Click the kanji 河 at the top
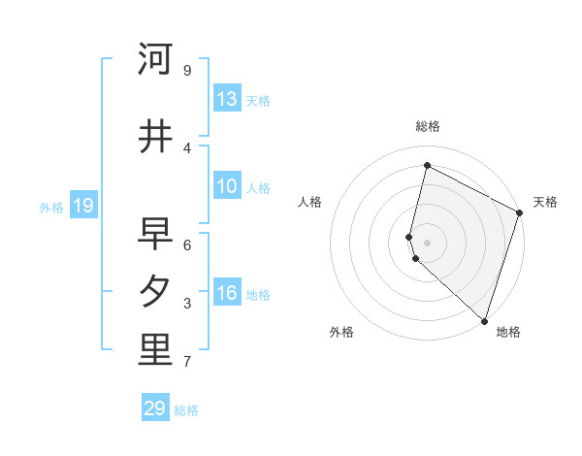tap(155, 60)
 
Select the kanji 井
tap(155, 137)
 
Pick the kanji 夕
tap(155, 291)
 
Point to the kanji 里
tap(155, 351)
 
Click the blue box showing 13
tap(227, 99)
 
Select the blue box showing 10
tap(227, 186)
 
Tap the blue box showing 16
tap(227, 293)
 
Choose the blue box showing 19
tap(82, 205)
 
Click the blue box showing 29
tap(155, 408)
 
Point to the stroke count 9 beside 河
tap(187, 71)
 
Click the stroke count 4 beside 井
tap(187, 147)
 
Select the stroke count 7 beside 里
tap(187, 362)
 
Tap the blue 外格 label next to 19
tap(51, 207)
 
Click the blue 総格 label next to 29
tap(186, 410)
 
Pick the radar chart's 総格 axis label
tap(428, 126)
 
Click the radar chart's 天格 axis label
tap(545, 202)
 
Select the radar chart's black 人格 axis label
tap(310, 202)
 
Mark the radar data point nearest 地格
tap(484, 320)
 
